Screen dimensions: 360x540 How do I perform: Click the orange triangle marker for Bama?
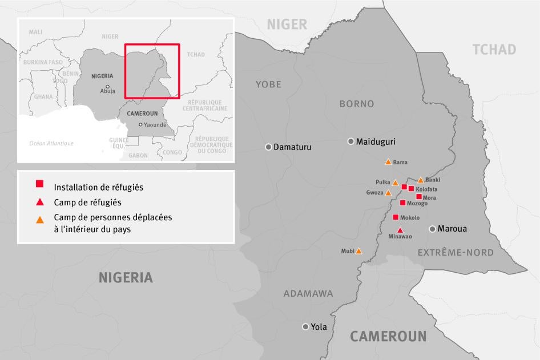[x=388, y=162]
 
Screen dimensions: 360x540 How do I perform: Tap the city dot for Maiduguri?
[x=351, y=141]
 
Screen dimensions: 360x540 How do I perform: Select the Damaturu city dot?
[x=268, y=147]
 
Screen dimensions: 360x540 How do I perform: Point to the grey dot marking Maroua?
[x=433, y=229]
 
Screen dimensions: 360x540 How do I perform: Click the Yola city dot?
[x=305, y=327]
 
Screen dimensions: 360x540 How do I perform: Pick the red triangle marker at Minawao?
[x=400, y=230]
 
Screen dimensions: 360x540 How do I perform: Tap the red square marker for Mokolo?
[x=396, y=217]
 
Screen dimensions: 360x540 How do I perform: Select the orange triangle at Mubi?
[x=359, y=250]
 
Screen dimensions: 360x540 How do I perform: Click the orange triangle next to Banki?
[x=421, y=180]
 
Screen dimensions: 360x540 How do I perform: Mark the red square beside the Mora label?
[x=419, y=197]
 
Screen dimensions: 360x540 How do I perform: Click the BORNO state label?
[x=357, y=104]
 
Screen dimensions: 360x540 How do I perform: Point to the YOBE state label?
[x=268, y=84]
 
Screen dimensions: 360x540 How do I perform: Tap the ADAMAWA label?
[x=308, y=294]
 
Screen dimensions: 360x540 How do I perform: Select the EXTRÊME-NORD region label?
[x=456, y=252]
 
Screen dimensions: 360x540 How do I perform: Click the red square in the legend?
[x=39, y=184]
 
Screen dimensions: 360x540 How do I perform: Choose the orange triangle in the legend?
[x=39, y=219]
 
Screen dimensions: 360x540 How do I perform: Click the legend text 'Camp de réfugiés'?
[x=87, y=202]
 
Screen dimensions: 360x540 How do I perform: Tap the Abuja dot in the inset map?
[x=107, y=86]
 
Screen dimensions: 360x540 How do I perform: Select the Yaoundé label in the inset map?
[x=155, y=124]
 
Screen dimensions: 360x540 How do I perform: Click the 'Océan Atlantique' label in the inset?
[x=51, y=143]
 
